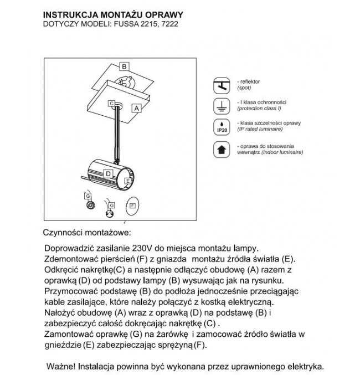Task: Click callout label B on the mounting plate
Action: pos(125,66)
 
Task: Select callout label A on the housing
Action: pos(135,109)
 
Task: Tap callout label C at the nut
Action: pos(111,104)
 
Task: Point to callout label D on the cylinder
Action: pos(109,173)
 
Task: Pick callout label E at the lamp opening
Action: pos(128,181)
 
